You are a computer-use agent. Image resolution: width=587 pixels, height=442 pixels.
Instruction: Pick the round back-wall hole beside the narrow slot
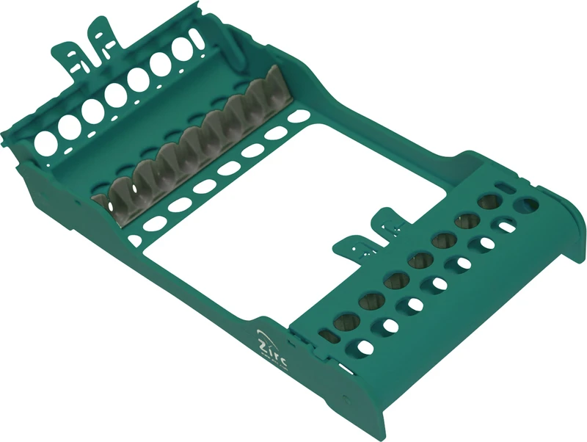[181, 50]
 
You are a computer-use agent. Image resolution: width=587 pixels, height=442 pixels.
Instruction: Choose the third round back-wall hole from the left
[92, 110]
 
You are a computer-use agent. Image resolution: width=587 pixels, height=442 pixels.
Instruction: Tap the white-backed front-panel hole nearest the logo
[362, 345]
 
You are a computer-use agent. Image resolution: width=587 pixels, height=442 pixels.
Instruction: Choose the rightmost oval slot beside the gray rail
[298, 116]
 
